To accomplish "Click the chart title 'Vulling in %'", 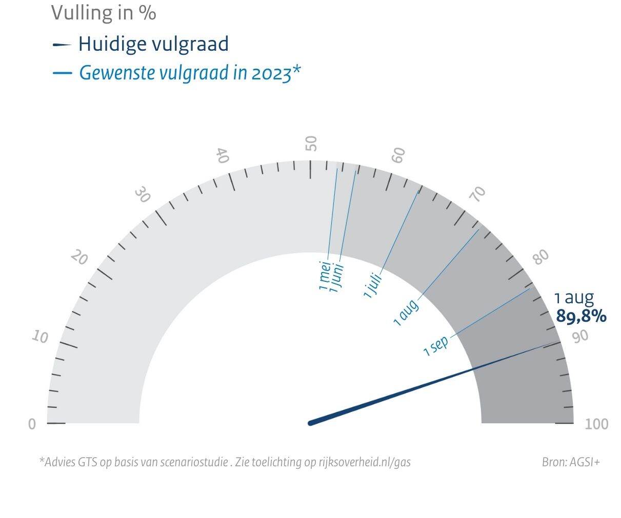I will (x=103, y=13).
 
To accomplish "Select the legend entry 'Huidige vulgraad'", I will (x=153, y=44).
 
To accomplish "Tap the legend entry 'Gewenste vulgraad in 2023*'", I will (x=189, y=73).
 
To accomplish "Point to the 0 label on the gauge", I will (x=32, y=424).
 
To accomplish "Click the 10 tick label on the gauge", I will (x=40, y=337).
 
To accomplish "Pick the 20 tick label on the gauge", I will (x=79, y=257).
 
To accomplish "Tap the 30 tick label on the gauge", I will (x=143, y=195).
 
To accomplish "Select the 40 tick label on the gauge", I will (x=222, y=155).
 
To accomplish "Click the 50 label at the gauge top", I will (x=311, y=143).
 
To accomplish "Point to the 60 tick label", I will (x=398, y=155).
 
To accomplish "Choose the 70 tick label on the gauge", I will (x=478, y=194).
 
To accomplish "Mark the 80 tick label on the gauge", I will (x=540, y=257).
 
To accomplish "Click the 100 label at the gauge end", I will (x=596, y=424).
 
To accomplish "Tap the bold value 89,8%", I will (x=581, y=317).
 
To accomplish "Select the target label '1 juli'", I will (x=372, y=285).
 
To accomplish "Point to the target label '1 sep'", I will (x=436, y=346).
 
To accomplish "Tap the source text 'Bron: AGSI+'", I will (x=570, y=462).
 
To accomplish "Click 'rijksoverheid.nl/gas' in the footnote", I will (x=361, y=462).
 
